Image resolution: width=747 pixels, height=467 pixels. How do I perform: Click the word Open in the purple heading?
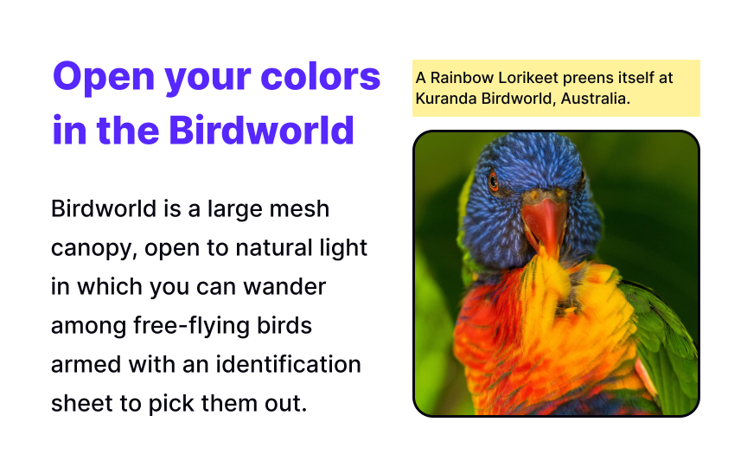click(x=104, y=77)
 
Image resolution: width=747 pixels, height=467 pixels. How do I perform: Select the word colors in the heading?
click(x=321, y=76)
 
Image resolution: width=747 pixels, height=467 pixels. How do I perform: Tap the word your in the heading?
click(x=207, y=81)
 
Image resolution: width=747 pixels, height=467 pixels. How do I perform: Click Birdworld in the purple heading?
click(x=262, y=130)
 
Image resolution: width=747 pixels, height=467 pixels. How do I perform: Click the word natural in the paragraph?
click(x=271, y=248)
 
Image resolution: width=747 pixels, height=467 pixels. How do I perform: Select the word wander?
click(x=285, y=287)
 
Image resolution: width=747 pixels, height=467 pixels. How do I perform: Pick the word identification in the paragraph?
click(x=288, y=365)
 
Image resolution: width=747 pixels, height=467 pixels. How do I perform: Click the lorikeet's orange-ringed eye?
click(x=494, y=181)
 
